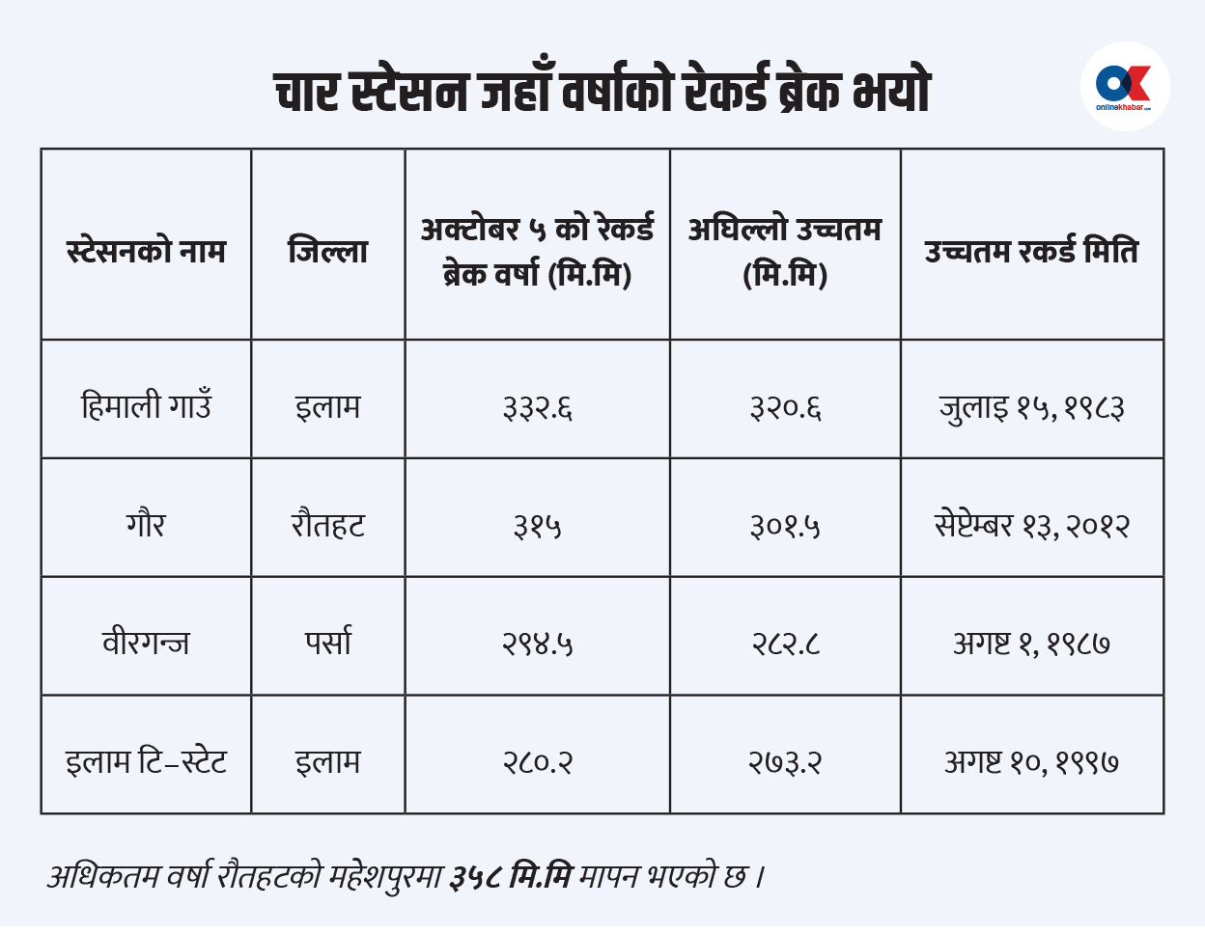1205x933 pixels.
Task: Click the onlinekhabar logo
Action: click(x=1125, y=87)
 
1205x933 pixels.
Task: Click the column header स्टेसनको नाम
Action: click(x=146, y=251)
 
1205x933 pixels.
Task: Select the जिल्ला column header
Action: click(x=328, y=251)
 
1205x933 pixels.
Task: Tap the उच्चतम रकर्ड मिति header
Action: click(x=1031, y=251)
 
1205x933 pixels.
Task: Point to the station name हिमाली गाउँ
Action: click(x=146, y=405)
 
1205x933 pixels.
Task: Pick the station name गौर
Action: click(x=146, y=525)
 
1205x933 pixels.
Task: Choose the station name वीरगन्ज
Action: click(x=146, y=643)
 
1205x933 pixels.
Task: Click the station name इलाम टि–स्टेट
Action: click(x=146, y=761)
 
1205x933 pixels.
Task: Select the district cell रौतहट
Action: click(x=328, y=525)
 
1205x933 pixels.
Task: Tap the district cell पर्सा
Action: click(x=328, y=643)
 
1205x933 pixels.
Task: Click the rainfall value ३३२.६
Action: click(x=537, y=407)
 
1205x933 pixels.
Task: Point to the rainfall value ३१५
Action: click(x=537, y=526)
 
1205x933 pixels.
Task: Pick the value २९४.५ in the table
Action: click(x=537, y=644)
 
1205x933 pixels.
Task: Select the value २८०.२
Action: click(x=537, y=762)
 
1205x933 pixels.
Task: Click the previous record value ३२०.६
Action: click(x=785, y=407)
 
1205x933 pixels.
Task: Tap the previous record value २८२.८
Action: click(x=785, y=644)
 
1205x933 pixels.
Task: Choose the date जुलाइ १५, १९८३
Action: click(x=1031, y=407)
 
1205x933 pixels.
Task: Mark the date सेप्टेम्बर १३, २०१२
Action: click(x=1031, y=526)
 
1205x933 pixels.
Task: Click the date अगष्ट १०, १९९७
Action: click(x=1031, y=762)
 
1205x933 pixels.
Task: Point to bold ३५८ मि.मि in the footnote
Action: click(x=511, y=877)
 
